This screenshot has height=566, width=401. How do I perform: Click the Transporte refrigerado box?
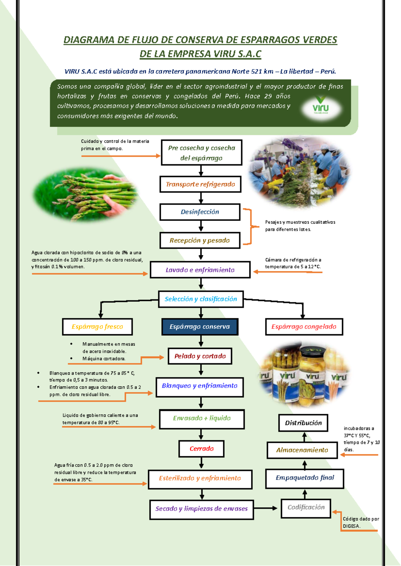200,184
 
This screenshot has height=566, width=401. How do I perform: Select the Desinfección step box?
200,212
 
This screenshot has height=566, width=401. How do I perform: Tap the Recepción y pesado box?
200,241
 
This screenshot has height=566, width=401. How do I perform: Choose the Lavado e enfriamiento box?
200,270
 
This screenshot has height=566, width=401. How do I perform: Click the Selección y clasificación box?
201,299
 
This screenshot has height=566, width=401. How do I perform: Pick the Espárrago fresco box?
97,327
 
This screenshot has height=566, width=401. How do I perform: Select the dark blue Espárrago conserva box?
200,327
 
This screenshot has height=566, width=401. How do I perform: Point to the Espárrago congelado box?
304,327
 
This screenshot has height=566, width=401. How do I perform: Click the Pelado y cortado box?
200,356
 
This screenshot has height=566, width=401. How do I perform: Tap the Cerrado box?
202,449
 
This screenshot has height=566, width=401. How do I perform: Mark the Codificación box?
306,507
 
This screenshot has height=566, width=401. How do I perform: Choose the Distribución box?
303,423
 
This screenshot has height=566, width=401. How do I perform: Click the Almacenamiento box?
302,450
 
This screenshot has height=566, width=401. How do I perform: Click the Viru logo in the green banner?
320,108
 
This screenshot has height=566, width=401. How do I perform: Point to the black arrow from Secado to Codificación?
265,508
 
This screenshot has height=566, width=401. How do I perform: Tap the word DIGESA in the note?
351,526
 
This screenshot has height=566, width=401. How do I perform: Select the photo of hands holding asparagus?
85,195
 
